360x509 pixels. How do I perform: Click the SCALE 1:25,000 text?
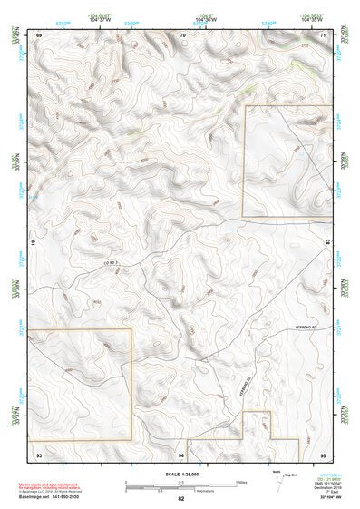point(181,474)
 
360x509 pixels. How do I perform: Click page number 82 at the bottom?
point(181,498)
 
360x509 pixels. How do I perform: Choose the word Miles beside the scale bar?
point(240,481)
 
